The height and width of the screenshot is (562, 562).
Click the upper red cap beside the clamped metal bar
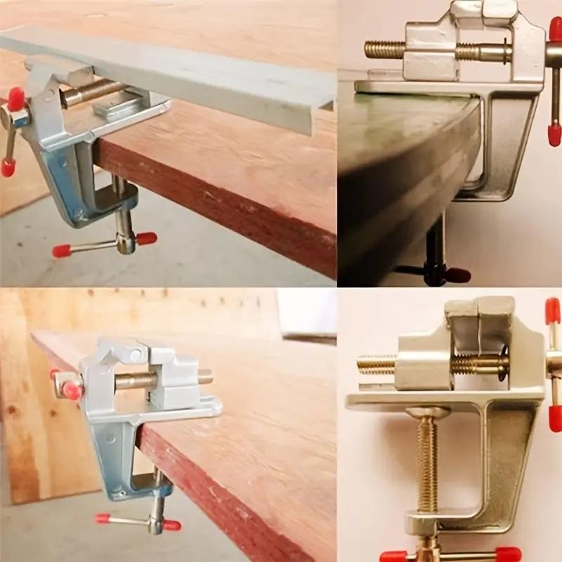[x=15, y=98]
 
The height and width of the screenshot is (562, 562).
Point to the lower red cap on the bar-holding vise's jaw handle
[x=8, y=167]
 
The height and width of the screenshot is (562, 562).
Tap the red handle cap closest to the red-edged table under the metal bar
[x=147, y=238]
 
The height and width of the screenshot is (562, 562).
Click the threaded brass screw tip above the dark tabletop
[x=383, y=49]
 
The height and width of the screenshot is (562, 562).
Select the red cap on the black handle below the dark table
[x=458, y=275]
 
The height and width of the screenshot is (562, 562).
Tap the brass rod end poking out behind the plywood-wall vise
[x=205, y=377]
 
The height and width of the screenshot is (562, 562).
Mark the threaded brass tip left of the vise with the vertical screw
[x=376, y=364]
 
